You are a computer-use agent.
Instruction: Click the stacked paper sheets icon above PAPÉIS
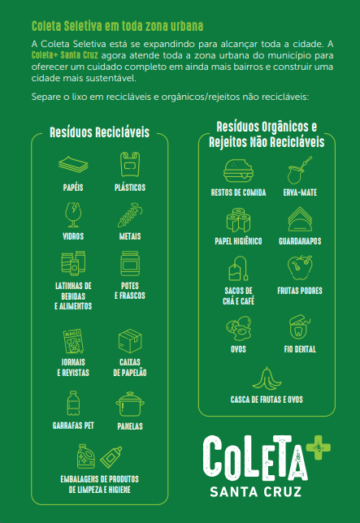73,165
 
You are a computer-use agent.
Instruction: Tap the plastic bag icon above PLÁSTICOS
130,164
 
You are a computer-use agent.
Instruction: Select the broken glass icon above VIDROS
73,214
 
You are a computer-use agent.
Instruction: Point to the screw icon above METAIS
130,214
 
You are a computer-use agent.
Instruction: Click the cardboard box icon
130,340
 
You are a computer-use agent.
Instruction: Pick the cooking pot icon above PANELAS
130,404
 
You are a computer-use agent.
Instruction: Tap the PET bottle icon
73,404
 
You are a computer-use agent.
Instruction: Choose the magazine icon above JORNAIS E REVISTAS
73,341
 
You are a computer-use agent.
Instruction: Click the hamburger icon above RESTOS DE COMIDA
238,171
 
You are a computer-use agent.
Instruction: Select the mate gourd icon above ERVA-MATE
300,170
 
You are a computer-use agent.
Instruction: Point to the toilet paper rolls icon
238,220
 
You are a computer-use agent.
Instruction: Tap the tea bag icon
238,268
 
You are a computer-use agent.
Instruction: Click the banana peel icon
267,378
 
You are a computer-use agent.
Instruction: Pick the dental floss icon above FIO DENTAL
300,326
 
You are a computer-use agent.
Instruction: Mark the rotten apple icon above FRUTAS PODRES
300,267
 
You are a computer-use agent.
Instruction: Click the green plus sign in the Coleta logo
318,447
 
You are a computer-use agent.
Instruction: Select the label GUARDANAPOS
300,241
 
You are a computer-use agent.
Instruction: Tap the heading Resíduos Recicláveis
99,132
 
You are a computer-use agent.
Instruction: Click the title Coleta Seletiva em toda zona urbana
117,26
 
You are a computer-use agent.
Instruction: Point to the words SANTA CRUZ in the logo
255,491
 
